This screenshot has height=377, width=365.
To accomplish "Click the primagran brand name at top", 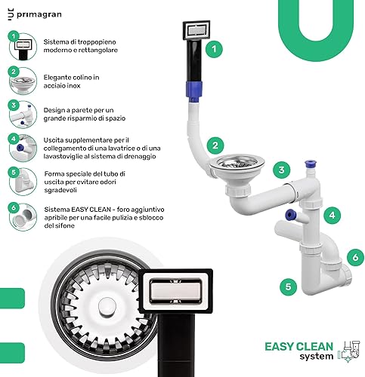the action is tap(39, 15).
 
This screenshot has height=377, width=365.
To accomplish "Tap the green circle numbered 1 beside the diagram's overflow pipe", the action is tap(214, 49).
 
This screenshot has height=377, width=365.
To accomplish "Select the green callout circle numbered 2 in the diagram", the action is tap(215, 146).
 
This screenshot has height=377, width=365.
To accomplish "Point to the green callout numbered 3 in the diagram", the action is tap(282, 170).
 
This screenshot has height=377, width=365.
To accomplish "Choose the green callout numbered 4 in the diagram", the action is tap(332, 215).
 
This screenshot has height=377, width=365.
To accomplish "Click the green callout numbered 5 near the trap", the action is tap(289, 287).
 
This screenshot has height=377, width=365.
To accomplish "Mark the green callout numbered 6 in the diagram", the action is tap(355, 257).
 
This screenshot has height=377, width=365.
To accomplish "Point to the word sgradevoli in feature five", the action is tap(60, 190).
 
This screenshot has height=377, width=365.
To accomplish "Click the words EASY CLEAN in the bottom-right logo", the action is tap(299, 347).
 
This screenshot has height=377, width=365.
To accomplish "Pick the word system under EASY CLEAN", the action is tap(317, 357).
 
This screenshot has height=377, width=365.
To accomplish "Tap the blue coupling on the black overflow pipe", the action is tap(194, 91).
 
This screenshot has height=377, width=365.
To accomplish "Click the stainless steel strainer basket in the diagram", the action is tap(237, 162).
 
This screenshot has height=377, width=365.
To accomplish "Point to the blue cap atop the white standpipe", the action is tap(310, 164).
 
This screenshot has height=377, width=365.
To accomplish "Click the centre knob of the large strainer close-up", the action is tap(107, 307).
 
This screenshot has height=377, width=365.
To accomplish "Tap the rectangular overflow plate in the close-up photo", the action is tap(176, 291).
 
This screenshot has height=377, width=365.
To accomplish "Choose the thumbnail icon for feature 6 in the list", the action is tap(23, 217).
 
